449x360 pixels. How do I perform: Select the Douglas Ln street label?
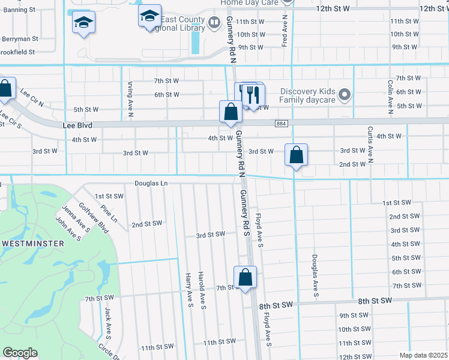click(151, 183)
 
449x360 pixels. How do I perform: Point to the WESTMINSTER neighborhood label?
click(32, 243)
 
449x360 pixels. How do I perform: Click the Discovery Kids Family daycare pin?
click(345, 94)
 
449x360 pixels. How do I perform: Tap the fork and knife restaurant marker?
click(253, 95)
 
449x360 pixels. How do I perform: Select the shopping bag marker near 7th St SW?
click(245, 278)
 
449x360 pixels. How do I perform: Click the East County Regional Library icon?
click(214, 23)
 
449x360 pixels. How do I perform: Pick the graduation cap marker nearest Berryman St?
click(84, 23)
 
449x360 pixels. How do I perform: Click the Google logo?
click(20, 353)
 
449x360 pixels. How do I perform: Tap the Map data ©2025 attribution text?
click(423, 355)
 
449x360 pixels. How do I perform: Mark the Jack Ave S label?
click(108, 322)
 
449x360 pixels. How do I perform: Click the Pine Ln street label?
click(109, 214)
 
